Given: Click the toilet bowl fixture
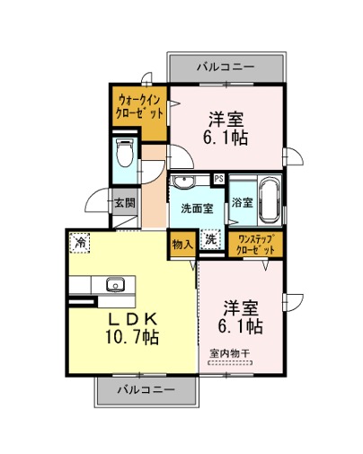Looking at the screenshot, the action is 124,152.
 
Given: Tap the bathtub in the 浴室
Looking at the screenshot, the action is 270,200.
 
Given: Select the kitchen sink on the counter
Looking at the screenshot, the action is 115,284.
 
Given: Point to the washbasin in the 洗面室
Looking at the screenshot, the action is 183,182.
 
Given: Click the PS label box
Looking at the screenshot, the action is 218,179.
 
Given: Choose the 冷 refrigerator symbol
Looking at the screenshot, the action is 80,243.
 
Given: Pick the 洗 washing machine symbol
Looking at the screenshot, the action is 211,239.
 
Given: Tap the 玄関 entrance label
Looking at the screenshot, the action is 125,203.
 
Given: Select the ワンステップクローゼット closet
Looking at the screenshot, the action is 255,245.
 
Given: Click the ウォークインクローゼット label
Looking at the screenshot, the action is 139,106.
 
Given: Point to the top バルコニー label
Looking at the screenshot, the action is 226,67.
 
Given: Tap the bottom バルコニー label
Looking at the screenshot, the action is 146,389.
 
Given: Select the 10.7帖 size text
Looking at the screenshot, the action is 132,337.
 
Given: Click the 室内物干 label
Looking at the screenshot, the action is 229,353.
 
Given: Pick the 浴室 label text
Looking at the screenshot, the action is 243,202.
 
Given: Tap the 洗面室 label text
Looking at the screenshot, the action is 197,209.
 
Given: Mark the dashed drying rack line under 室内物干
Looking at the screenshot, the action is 230,362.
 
